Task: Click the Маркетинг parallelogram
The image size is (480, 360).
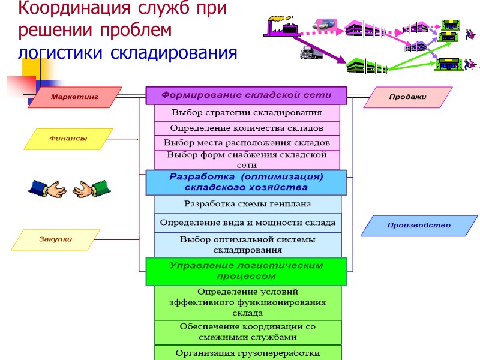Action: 74,97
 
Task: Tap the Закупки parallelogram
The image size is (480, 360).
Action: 56,239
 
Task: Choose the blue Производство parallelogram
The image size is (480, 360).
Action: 419,226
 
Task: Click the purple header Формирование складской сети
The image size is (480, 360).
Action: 247,95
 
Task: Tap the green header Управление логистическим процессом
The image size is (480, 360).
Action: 247,271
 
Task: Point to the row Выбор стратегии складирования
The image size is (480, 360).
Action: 247,113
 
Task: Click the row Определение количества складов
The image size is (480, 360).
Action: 247,128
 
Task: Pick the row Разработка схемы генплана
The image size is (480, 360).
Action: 247,204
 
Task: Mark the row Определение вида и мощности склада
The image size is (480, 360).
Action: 247,223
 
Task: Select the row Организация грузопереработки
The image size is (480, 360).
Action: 247,353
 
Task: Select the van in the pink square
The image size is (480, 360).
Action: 324,25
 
